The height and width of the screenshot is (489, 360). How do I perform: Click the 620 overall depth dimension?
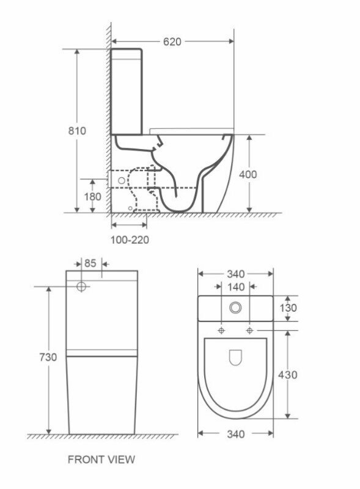point(172,42)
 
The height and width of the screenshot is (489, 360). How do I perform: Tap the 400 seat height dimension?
point(248,174)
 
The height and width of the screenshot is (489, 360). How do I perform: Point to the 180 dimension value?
point(92,196)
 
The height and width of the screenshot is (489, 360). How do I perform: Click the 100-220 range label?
point(130,240)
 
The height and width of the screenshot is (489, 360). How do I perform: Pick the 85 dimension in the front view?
point(90,263)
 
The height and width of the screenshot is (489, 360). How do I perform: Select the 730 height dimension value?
point(48,357)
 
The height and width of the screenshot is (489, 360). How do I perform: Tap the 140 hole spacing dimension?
point(235,287)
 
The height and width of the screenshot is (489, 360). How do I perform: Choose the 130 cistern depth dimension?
point(287,308)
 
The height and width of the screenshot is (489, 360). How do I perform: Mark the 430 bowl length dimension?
point(287,374)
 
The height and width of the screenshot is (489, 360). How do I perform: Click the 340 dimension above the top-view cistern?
point(235,273)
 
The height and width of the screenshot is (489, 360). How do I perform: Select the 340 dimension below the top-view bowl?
point(235,434)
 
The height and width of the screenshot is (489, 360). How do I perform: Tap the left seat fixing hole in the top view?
point(221,330)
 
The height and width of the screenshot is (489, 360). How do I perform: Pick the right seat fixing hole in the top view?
point(250,330)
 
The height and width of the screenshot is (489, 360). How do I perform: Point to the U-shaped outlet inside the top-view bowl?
point(235,357)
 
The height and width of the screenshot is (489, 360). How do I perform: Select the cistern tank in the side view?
point(127,92)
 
